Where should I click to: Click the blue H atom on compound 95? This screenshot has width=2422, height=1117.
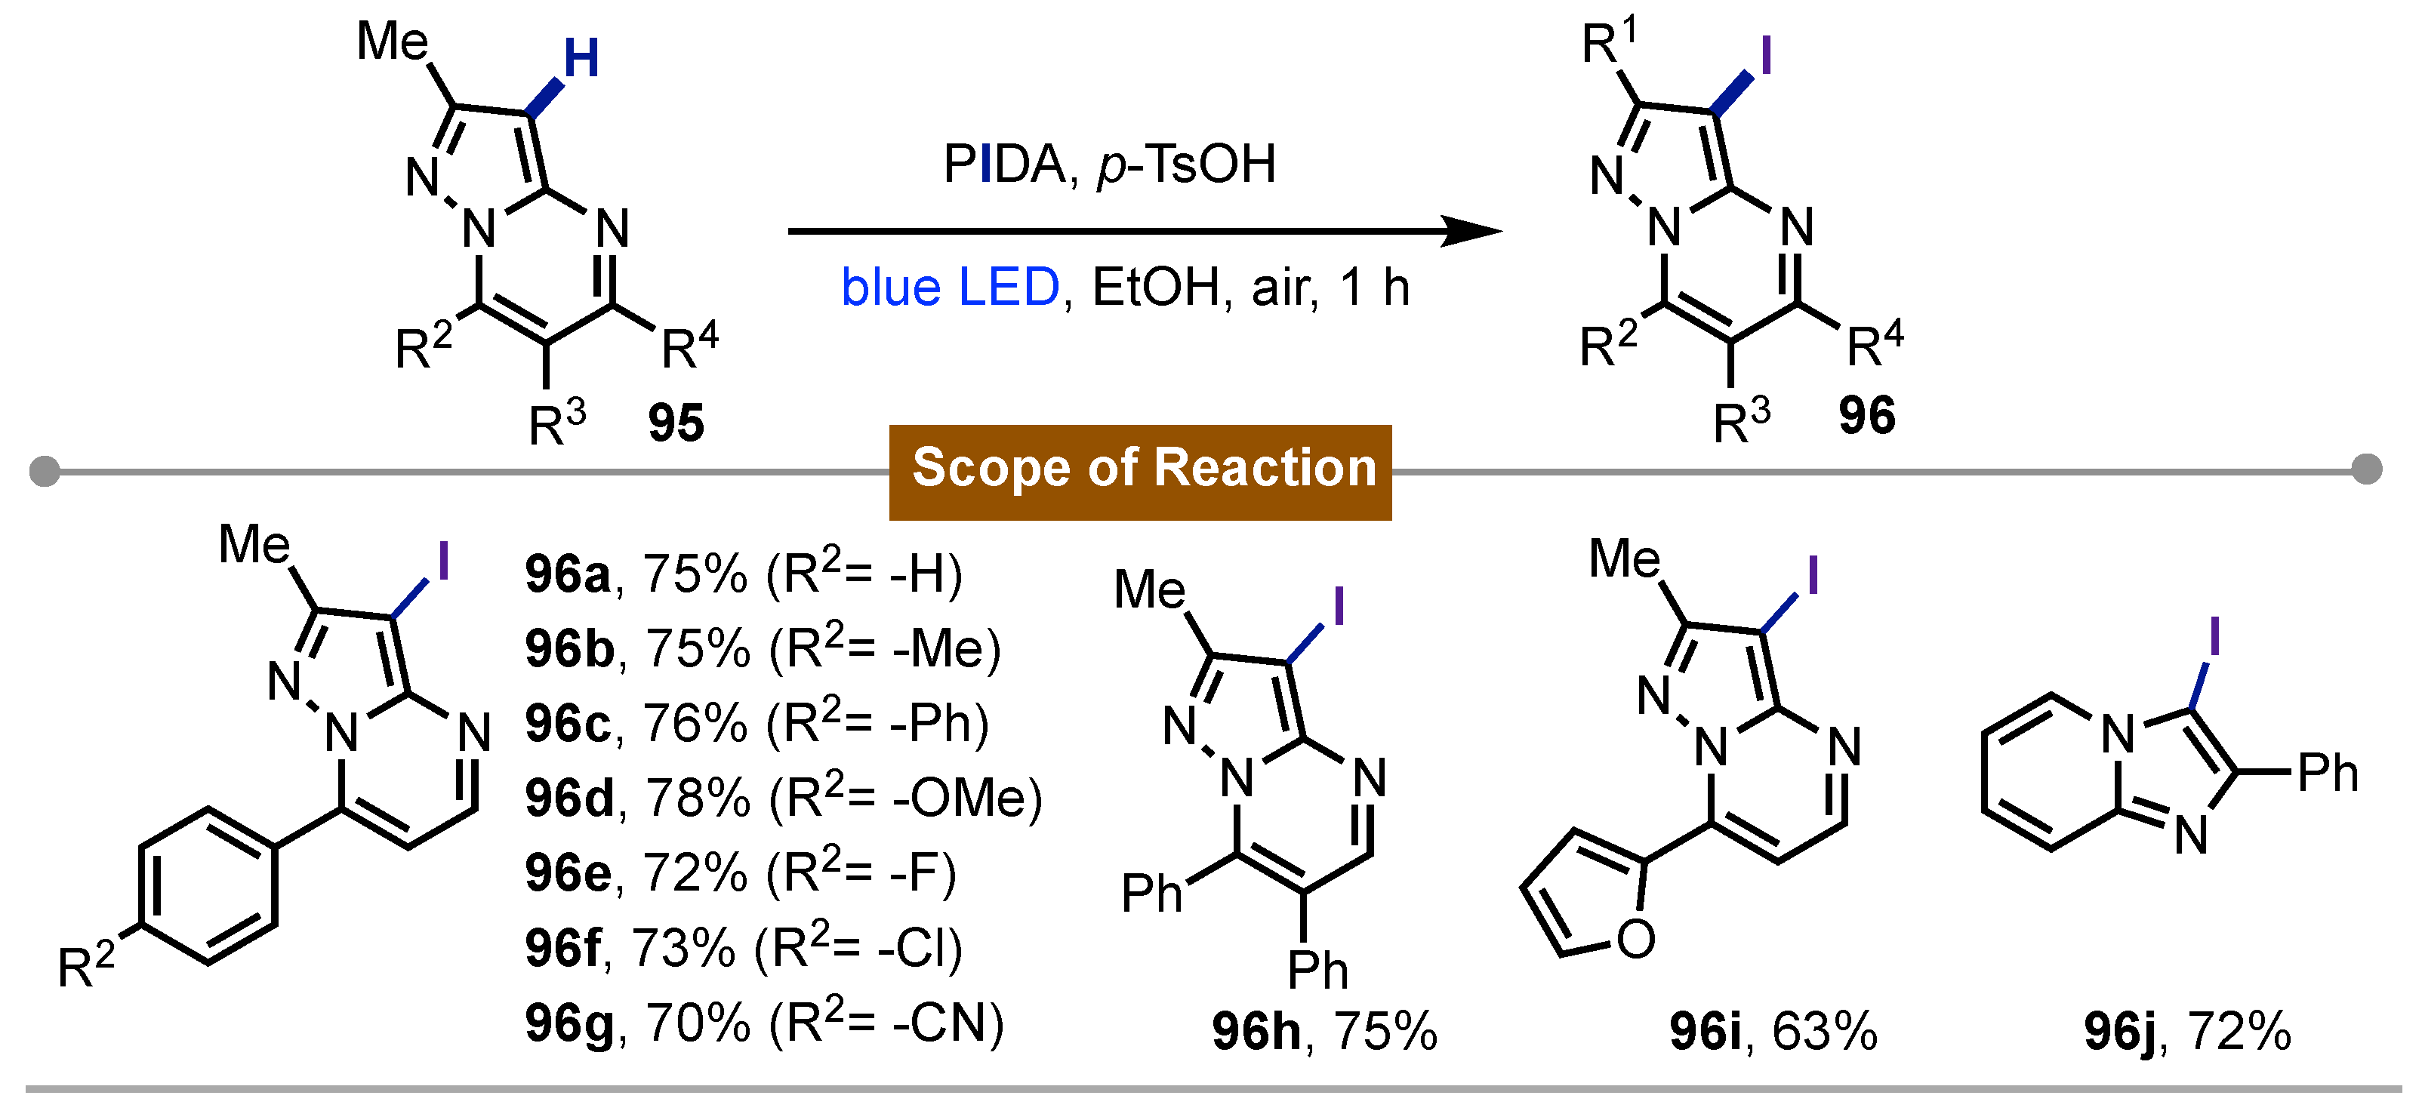point(581,59)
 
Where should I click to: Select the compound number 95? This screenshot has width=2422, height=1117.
point(675,423)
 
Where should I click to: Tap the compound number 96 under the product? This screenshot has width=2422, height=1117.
point(1866,416)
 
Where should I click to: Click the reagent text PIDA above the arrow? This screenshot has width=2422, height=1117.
point(1003,165)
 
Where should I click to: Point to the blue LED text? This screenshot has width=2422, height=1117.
point(950,287)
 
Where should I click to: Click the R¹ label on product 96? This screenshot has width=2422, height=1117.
point(1609,43)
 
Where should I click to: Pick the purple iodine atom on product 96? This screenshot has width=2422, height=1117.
point(1765,56)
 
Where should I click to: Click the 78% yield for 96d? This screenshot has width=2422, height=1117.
point(697,799)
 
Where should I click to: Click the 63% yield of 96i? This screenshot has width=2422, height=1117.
point(1824,1032)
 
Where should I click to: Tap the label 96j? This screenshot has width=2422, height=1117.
point(2120,1032)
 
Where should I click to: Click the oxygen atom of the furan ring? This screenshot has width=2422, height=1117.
point(1636,938)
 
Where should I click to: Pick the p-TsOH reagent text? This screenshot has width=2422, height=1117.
point(1187,165)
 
